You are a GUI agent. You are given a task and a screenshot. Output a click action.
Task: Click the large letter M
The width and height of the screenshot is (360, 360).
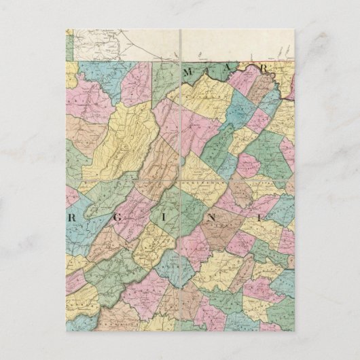pyautogui.click(x=193, y=70)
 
